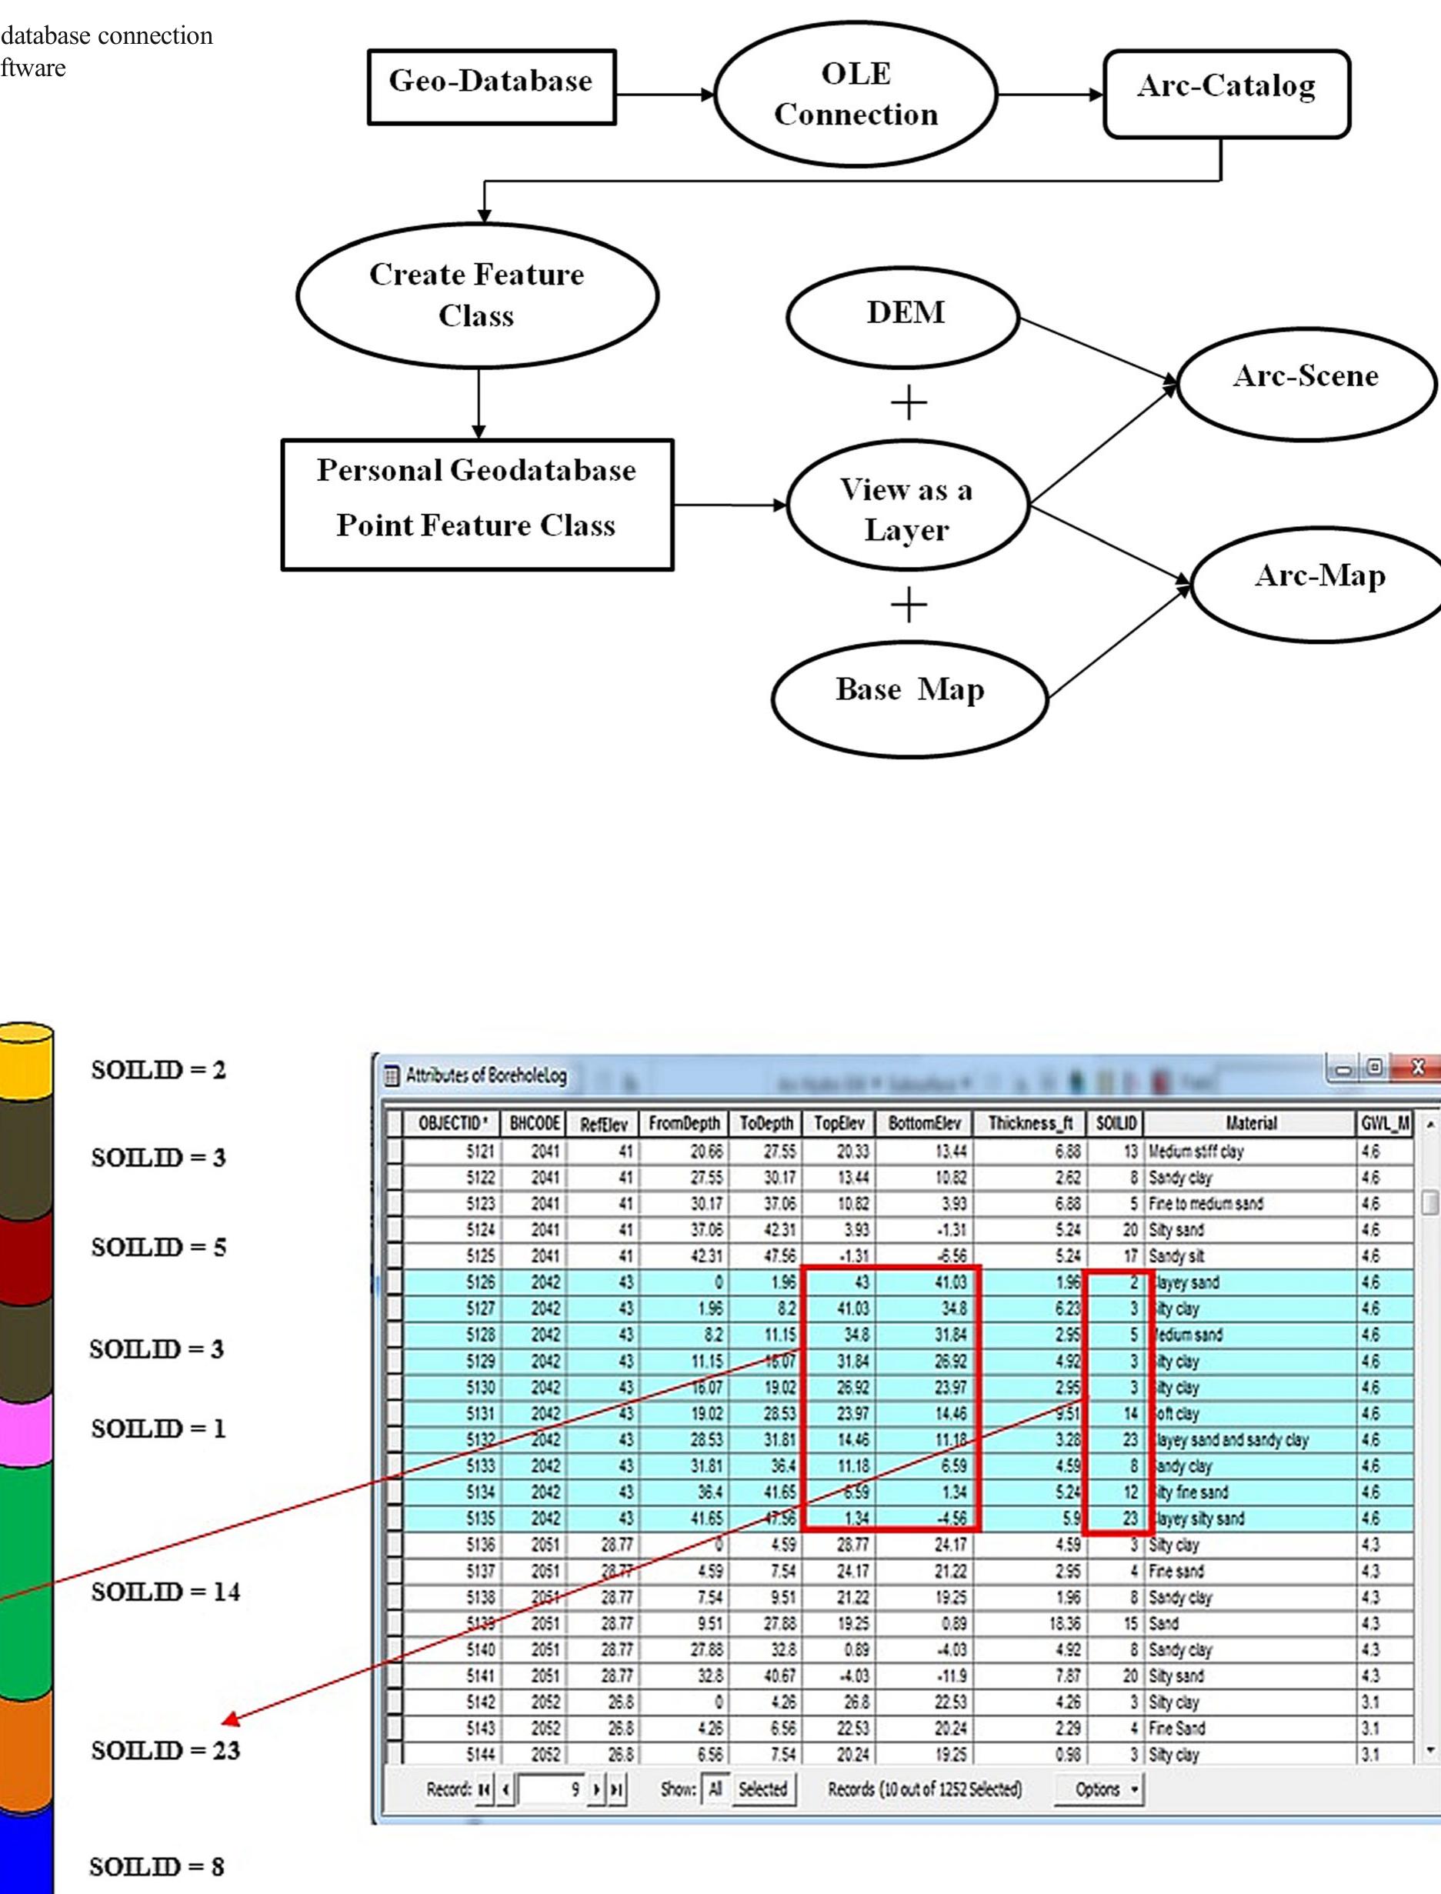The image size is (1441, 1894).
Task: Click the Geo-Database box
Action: (492, 88)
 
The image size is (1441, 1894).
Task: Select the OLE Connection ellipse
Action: (856, 95)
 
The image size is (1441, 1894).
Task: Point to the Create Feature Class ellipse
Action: (477, 295)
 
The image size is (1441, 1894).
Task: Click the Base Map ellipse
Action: (909, 698)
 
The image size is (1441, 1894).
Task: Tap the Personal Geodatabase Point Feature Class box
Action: (477, 505)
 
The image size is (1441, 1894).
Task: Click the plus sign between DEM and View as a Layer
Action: (909, 402)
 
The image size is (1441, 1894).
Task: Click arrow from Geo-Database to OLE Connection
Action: (665, 95)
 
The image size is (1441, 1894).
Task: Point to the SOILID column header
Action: (1115, 1123)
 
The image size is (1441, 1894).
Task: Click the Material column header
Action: (1249, 1123)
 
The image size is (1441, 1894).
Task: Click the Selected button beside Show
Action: (762, 1789)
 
